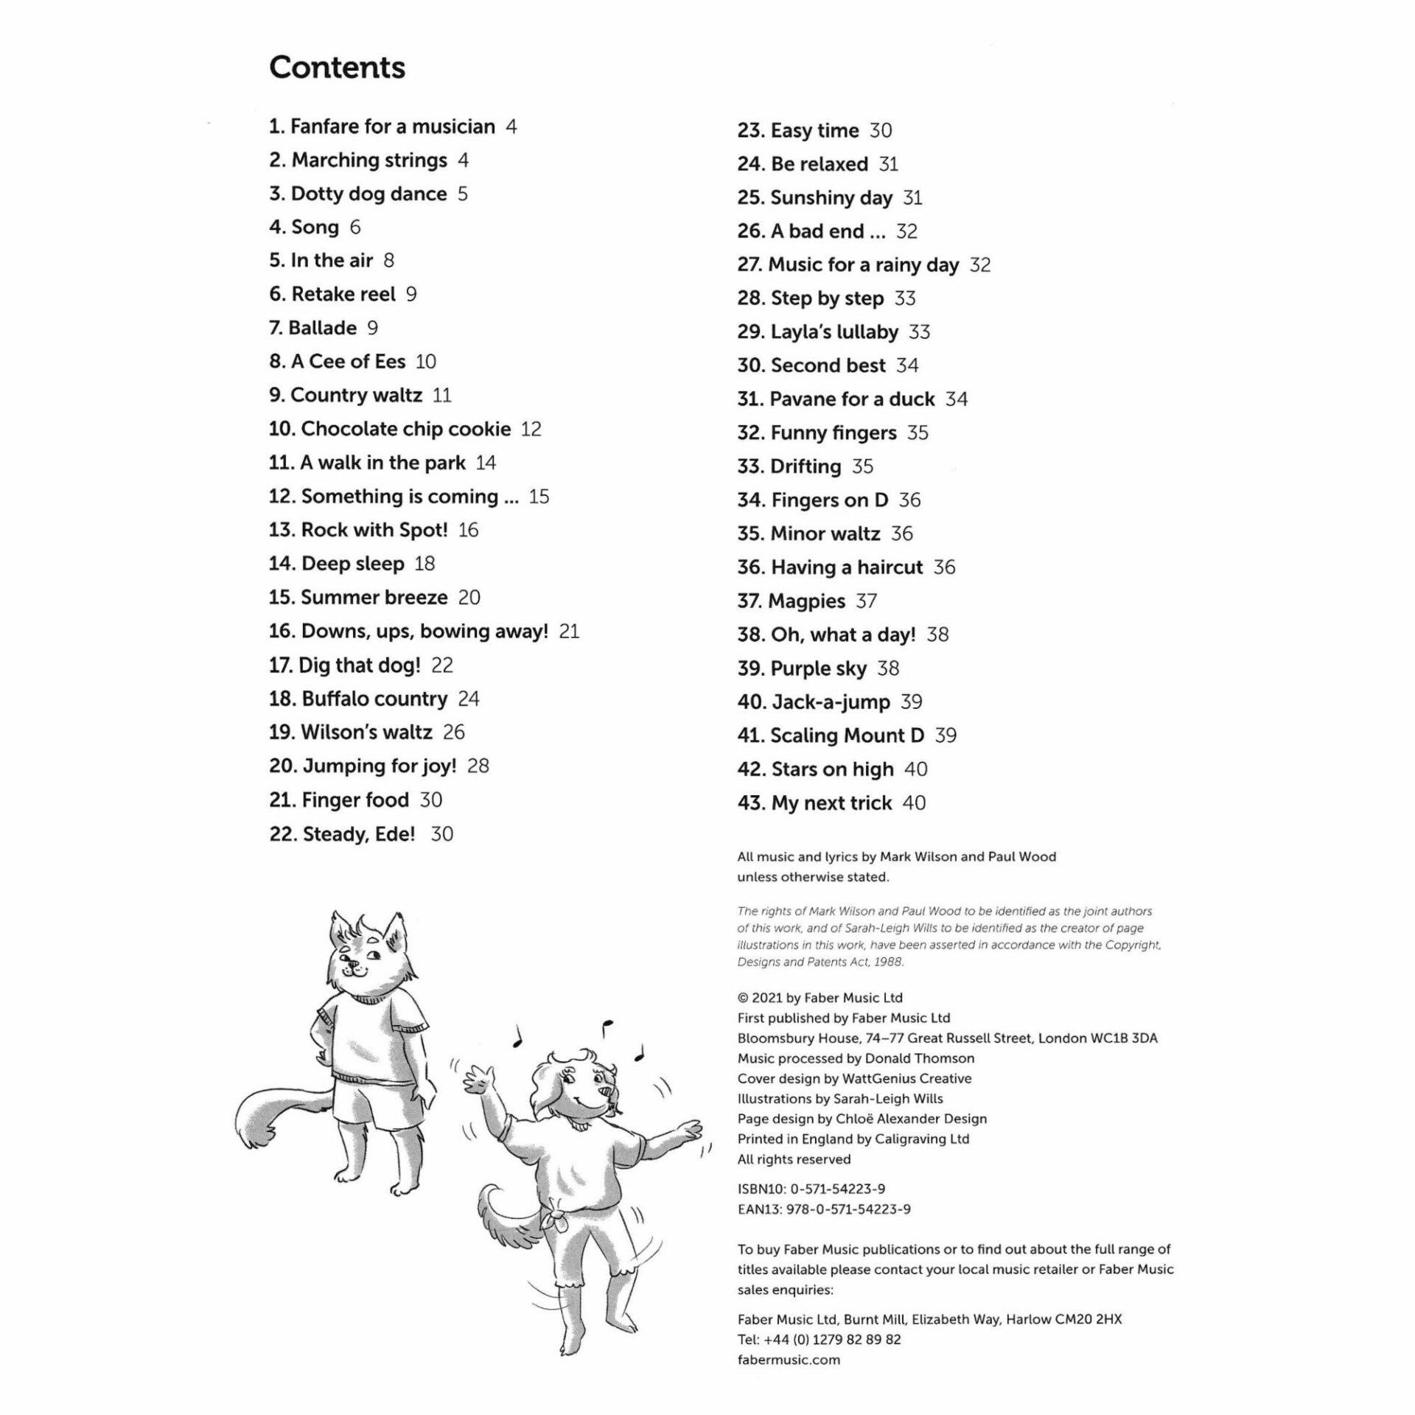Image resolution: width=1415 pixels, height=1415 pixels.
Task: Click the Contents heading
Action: point(337,68)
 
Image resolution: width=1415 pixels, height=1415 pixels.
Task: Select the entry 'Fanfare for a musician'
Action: point(392,127)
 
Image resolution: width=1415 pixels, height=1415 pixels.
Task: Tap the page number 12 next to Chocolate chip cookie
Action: point(531,429)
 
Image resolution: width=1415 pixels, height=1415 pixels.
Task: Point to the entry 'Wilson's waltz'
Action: point(366,732)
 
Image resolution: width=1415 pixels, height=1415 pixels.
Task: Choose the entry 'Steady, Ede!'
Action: point(359,834)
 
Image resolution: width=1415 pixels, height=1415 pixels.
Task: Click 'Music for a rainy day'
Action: point(863,265)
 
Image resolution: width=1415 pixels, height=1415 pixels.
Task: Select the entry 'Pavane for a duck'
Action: point(852,399)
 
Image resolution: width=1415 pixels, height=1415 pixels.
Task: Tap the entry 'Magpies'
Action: point(806,601)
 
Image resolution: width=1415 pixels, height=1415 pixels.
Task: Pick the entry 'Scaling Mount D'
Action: point(847,735)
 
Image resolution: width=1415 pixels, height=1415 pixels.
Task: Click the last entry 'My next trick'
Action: point(831,803)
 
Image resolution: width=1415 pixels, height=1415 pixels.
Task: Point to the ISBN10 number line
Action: point(811,1189)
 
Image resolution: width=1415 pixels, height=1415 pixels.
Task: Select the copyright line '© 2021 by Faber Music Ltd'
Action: point(820,998)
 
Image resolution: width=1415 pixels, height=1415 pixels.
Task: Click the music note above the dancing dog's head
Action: point(607,1027)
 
